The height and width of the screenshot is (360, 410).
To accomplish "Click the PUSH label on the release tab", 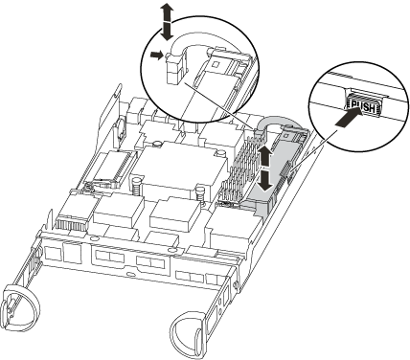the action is click(x=363, y=106).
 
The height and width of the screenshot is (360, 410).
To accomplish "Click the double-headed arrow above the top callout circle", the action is click(x=166, y=23).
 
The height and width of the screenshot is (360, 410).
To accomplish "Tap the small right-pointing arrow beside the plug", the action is click(x=157, y=56).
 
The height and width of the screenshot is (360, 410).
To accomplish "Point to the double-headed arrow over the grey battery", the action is click(x=264, y=169).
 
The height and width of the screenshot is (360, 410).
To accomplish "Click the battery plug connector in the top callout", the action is click(x=174, y=68).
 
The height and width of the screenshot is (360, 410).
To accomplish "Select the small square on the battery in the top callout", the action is click(x=216, y=64).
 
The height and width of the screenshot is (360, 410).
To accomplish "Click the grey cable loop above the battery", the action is click(x=279, y=120).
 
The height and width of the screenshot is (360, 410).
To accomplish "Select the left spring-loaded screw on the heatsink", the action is click(x=136, y=184).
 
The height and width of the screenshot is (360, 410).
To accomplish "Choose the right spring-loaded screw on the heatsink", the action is click(x=200, y=193).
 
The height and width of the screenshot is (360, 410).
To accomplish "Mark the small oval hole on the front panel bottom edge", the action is click(x=129, y=274).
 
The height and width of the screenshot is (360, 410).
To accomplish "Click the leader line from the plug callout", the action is click(x=220, y=106).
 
